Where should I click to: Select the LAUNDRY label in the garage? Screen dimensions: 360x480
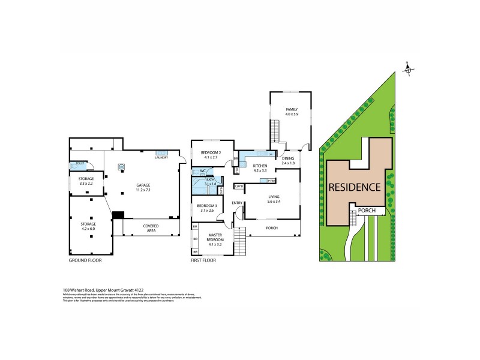click(161, 157)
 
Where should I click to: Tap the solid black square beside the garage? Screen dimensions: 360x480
click(118, 215)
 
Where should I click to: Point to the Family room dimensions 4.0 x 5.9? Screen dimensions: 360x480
click(292, 114)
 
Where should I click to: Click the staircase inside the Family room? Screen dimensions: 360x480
click(276, 130)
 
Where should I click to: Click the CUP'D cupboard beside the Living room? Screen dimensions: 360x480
click(238, 186)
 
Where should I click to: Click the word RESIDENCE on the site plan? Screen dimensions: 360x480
click(355, 187)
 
